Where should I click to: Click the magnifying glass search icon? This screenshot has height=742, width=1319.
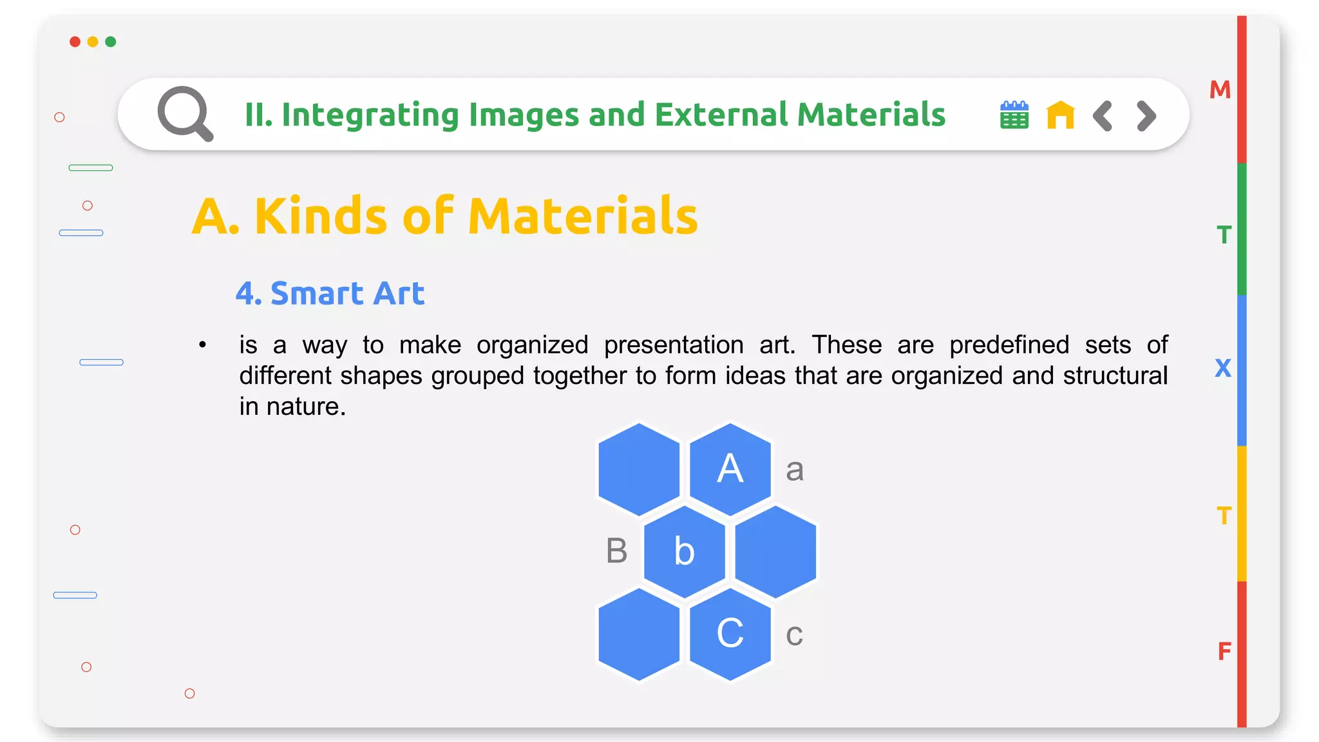(x=185, y=113)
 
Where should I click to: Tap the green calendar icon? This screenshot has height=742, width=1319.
(x=1014, y=115)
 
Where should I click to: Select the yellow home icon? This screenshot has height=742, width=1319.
(x=1060, y=115)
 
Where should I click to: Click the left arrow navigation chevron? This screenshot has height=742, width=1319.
(x=1103, y=116)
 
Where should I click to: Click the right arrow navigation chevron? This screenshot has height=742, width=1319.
(x=1146, y=116)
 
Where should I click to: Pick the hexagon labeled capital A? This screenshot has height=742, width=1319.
(x=730, y=469)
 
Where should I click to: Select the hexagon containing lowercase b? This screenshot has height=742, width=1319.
(x=684, y=551)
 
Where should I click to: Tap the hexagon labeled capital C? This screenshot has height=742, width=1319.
(x=730, y=634)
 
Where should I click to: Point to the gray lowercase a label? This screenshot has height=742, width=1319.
(x=795, y=470)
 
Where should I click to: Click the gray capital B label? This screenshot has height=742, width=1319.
(x=616, y=551)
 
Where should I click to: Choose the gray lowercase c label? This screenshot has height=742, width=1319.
(x=794, y=635)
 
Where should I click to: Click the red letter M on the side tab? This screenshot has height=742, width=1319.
(x=1220, y=90)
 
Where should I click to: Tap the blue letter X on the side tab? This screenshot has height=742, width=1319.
(x=1222, y=368)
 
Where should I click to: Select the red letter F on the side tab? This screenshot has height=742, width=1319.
(x=1224, y=652)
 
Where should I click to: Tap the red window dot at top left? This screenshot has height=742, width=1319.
(x=75, y=42)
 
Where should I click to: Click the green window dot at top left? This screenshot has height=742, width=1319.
(x=111, y=42)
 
